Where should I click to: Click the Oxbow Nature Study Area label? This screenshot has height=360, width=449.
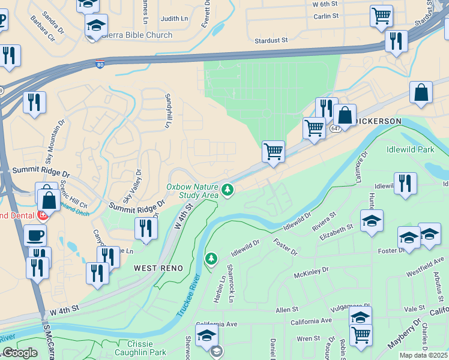(x=192, y=190)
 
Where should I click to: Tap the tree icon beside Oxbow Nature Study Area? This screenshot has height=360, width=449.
(x=228, y=190)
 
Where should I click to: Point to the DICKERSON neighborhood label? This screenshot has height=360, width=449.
(x=378, y=121)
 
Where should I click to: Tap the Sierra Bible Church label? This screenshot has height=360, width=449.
(x=137, y=35)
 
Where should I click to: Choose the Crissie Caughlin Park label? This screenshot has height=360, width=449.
(x=140, y=347)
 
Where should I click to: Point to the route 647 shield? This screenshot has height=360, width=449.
(x=336, y=128)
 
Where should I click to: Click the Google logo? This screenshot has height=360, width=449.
(x=19, y=353)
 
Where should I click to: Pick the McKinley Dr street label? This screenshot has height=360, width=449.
(x=312, y=274)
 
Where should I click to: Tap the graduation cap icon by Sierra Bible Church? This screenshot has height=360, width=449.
(x=95, y=26)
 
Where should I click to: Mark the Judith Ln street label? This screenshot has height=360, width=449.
(x=175, y=19)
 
